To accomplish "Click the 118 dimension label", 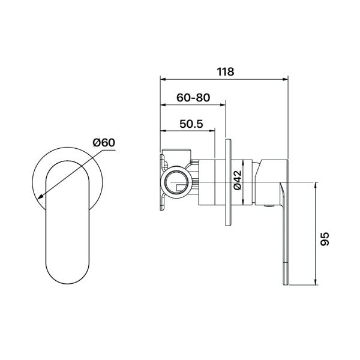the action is pyautogui.click(x=226, y=71).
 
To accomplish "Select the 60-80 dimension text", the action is pyautogui.click(x=193, y=98).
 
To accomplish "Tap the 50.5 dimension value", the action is pyautogui.click(x=191, y=124).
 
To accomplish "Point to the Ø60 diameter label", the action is pyautogui.click(x=104, y=143).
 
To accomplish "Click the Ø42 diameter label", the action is pyautogui.click(x=238, y=180).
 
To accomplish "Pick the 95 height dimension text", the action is pyautogui.click(x=325, y=239).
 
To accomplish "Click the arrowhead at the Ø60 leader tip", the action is pyautogui.click(x=40, y=196).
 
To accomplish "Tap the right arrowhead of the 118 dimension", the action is pyautogui.click(x=285, y=79).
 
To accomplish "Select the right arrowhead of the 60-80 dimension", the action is pyautogui.click(x=223, y=105).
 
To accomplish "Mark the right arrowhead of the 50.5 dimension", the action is pyautogui.click(x=212, y=131).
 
